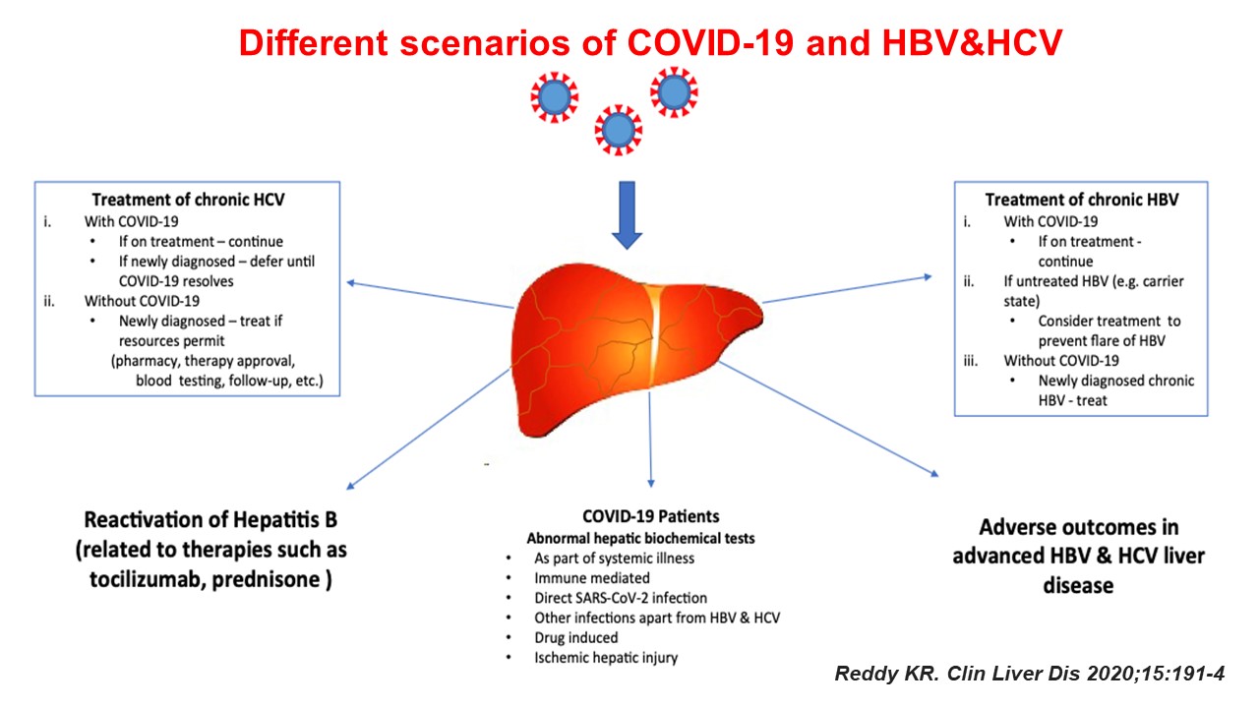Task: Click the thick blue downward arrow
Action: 627,214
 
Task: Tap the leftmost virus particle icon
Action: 554,97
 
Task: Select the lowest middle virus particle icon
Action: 619,130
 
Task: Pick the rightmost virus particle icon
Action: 674,92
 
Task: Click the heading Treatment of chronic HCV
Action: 188,200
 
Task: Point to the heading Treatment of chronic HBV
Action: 1082,200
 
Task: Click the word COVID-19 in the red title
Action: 710,42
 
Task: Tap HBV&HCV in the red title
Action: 972,42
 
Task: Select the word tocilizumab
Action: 147,579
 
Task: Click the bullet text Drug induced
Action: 576,638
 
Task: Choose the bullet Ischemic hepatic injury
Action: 606,658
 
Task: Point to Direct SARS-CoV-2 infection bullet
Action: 621,598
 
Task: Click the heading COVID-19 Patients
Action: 651,516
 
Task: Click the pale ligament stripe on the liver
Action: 654,335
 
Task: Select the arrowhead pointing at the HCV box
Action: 351,282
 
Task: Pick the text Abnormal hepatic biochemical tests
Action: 640,538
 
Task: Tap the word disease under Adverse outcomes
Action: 1078,585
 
